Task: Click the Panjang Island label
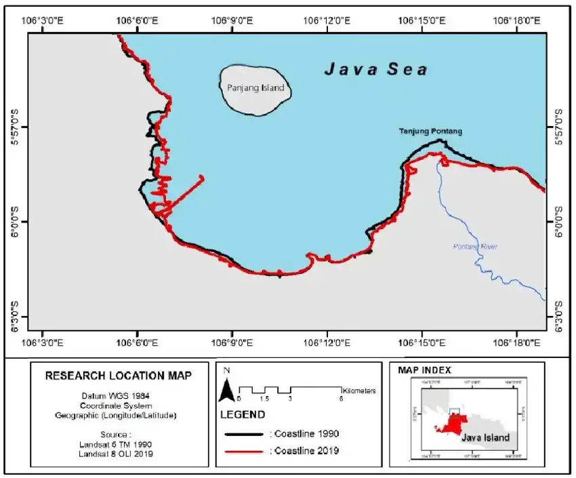point(251,88)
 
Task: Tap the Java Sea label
point(375,69)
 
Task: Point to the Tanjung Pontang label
point(430,131)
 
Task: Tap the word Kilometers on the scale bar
point(359,391)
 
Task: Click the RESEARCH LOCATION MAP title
point(118,375)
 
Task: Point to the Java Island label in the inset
point(485,437)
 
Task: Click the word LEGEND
point(242,414)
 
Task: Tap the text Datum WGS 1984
point(118,395)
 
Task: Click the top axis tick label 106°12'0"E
point(328,20)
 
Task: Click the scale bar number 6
point(341,399)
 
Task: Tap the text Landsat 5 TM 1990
point(118,444)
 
